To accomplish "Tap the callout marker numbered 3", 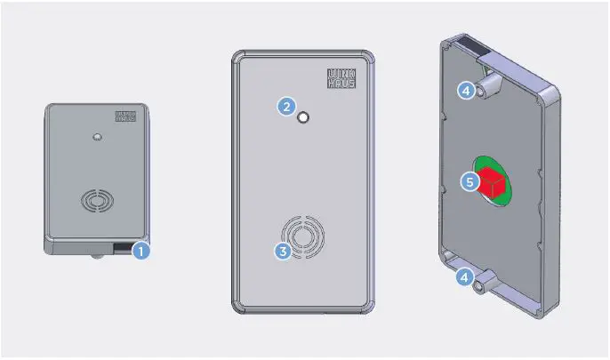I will tap(283, 251).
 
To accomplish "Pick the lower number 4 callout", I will tap(464, 278).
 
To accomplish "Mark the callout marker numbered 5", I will tap(470, 181).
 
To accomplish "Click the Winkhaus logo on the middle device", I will tap(341, 79).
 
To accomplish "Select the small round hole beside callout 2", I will tap(304, 117).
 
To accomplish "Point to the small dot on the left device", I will tap(95, 138).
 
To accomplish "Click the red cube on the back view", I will tap(492, 184).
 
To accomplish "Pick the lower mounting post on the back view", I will tap(486, 284).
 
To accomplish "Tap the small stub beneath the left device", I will tap(95, 259).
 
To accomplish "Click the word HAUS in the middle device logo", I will tap(341, 84).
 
